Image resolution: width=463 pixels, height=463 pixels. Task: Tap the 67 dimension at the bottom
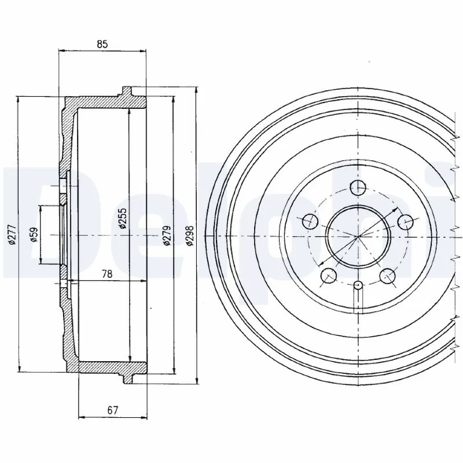(112, 410)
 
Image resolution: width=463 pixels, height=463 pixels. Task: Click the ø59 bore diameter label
(34, 234)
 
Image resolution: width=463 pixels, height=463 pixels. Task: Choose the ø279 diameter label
(167, 236)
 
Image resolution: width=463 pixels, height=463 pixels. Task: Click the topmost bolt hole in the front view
(358, 188)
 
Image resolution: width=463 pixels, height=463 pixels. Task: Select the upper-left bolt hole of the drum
(310, 221)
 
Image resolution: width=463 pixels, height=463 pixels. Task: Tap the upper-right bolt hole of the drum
(406, 221)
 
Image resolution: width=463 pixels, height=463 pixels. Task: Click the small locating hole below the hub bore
(358, 284)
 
